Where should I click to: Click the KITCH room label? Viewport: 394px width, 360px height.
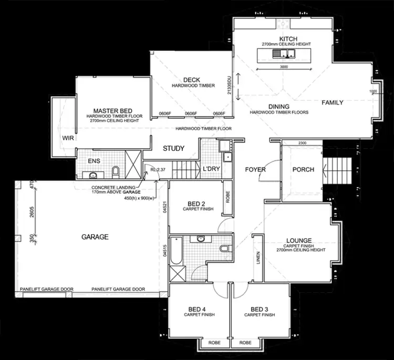pos(288,39)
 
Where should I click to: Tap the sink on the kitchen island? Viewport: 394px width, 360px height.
pos(277,54)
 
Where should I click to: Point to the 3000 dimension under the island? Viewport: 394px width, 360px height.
pos(284,67)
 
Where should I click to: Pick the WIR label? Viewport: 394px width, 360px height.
pos(67,138)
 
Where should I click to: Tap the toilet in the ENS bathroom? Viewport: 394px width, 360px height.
pos(116,171)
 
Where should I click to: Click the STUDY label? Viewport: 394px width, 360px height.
pos(173,149)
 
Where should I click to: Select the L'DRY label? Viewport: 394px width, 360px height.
pos(211,169)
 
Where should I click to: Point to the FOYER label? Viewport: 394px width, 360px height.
pos(255,170)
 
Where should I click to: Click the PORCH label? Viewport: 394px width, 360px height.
pos(303,170)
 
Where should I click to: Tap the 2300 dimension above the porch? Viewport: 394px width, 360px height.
pos(302,143)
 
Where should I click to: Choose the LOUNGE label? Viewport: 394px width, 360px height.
pos(299,240)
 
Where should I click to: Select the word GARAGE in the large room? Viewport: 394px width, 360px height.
pos(95,237)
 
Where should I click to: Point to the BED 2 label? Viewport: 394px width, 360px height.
pos(196,204)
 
